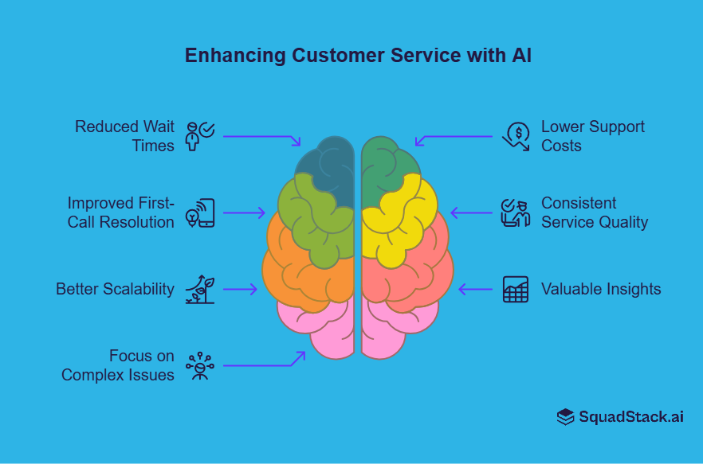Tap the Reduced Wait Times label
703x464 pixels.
(124, 136)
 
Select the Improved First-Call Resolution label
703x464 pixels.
(120, 213)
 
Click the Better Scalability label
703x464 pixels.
(115, 289)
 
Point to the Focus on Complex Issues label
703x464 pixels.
(118, 365)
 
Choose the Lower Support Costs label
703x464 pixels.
(593, 136)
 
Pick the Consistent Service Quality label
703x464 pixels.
(595, 213)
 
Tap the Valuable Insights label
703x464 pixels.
(601, 289)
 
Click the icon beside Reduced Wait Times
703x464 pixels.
(198, 136)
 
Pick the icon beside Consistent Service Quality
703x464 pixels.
(515, 213)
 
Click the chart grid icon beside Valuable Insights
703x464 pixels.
(516, 289)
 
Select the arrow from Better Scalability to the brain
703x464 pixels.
(240, 289)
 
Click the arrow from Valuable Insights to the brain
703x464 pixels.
(477, 289)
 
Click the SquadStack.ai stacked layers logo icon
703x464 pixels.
(565, 417)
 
